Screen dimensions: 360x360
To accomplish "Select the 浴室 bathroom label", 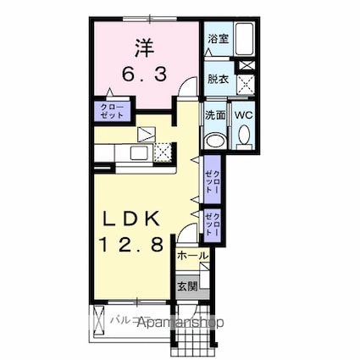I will pyautogui.click(x=217, y=39).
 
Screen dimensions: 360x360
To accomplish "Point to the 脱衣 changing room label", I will pyautogui.click(x=217, y=79).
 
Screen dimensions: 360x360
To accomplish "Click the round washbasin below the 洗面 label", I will pyautogui.click(x=216, y=141).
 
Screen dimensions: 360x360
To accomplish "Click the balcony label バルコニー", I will pyautogui.click(x=127, y=323).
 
